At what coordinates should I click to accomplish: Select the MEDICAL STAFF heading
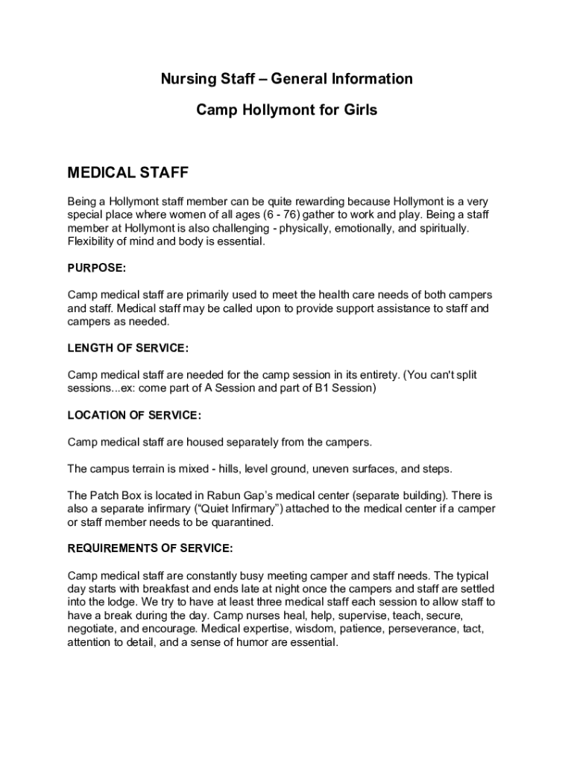[128, 174]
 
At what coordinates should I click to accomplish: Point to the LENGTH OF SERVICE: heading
[128, 348]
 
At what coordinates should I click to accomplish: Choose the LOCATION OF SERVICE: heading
[135, 415]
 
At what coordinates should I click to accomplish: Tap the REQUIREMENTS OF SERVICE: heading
[151, 549]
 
